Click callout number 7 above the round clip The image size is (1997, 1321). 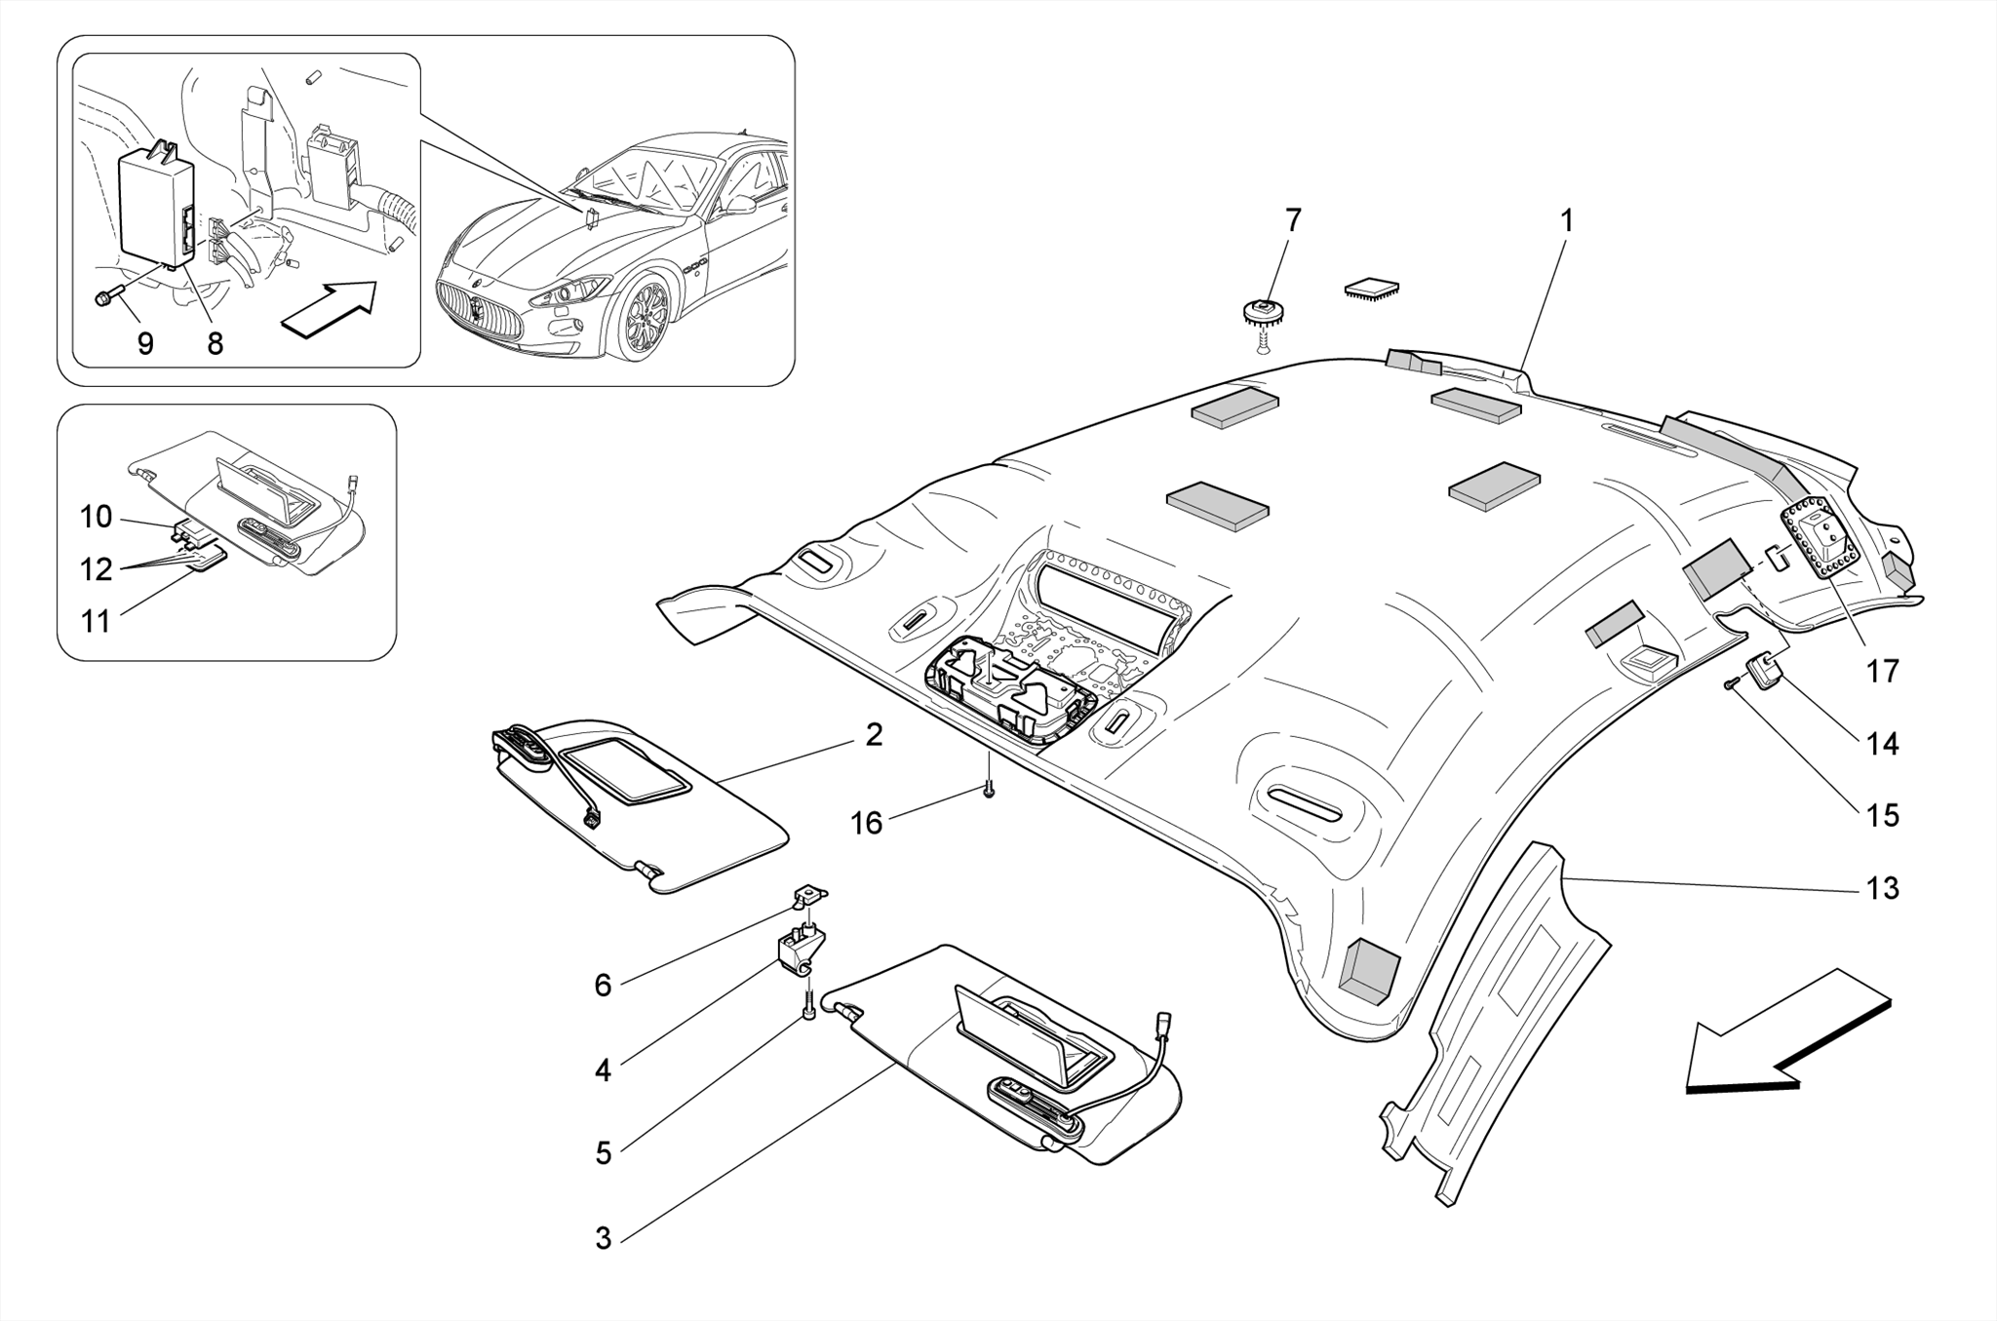[x=1293, y=221]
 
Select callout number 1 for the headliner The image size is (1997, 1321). [x=1567, y=221]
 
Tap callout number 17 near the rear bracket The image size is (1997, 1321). [x=1882, y=671]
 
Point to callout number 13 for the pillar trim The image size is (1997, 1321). [x=1882, y=888]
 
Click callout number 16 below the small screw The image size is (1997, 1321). [x=866, y=824]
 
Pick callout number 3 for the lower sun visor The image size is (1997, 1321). [x=603, y=1239]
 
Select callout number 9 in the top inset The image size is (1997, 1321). [x=145, y=343]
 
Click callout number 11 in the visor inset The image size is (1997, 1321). [x=96, y=621]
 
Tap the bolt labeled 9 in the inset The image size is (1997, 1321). [x=104, y=298]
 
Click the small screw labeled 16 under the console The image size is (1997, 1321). [x=988, y=790]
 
